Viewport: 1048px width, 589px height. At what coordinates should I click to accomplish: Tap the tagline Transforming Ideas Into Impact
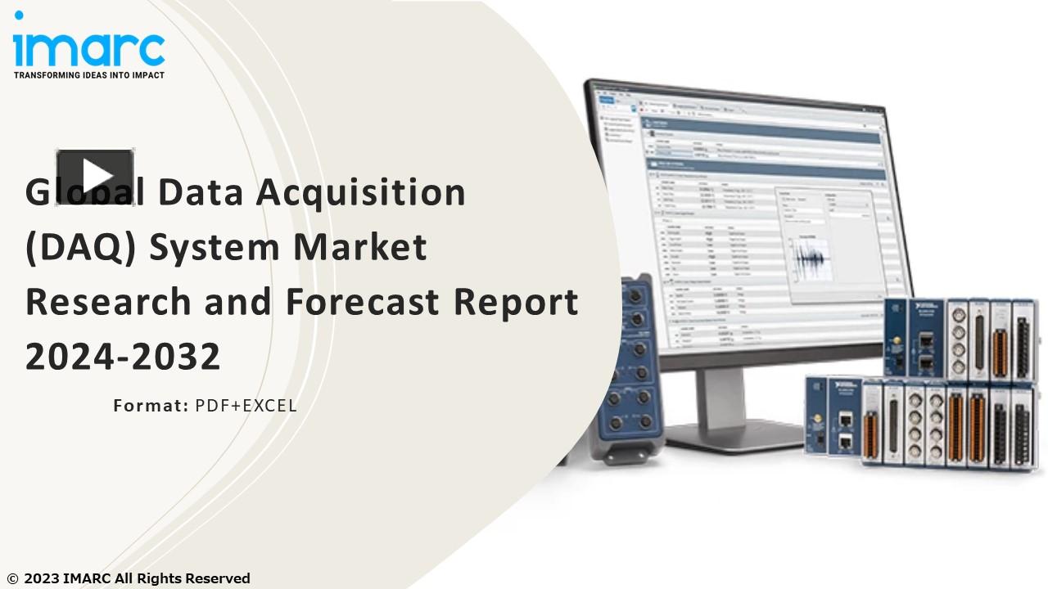[x=88, y=75]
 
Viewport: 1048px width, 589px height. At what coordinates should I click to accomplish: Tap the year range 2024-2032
[x=123, y=357]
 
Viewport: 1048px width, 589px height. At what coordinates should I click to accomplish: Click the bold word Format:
[x=151, y=405]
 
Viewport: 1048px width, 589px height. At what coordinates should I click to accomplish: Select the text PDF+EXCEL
[x=246, y=405]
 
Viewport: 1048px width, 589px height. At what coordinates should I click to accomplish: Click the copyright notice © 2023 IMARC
[x=129, y=578]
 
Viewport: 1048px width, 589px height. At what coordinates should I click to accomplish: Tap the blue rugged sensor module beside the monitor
[x=630, y=368]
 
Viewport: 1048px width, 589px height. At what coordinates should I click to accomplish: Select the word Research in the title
[x=111, y=302]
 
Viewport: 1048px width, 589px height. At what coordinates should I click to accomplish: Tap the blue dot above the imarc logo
[x=19, y=16]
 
